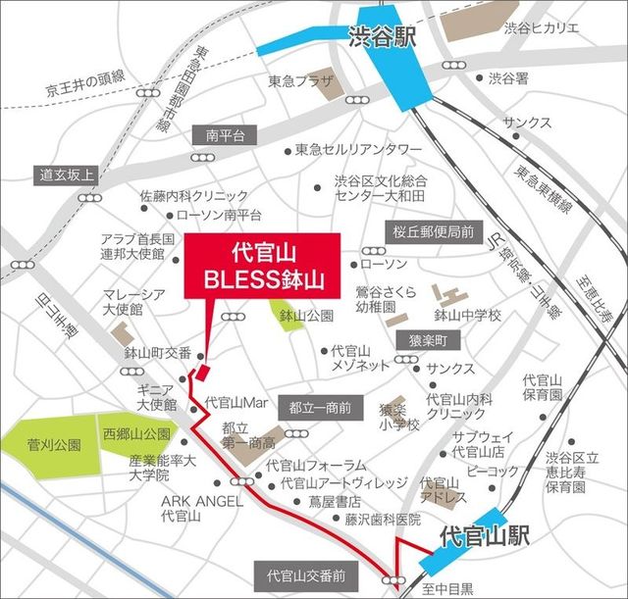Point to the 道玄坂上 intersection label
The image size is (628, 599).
[66, 175]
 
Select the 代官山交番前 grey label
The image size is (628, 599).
[302, 574]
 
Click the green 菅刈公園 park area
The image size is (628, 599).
[49, 452]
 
